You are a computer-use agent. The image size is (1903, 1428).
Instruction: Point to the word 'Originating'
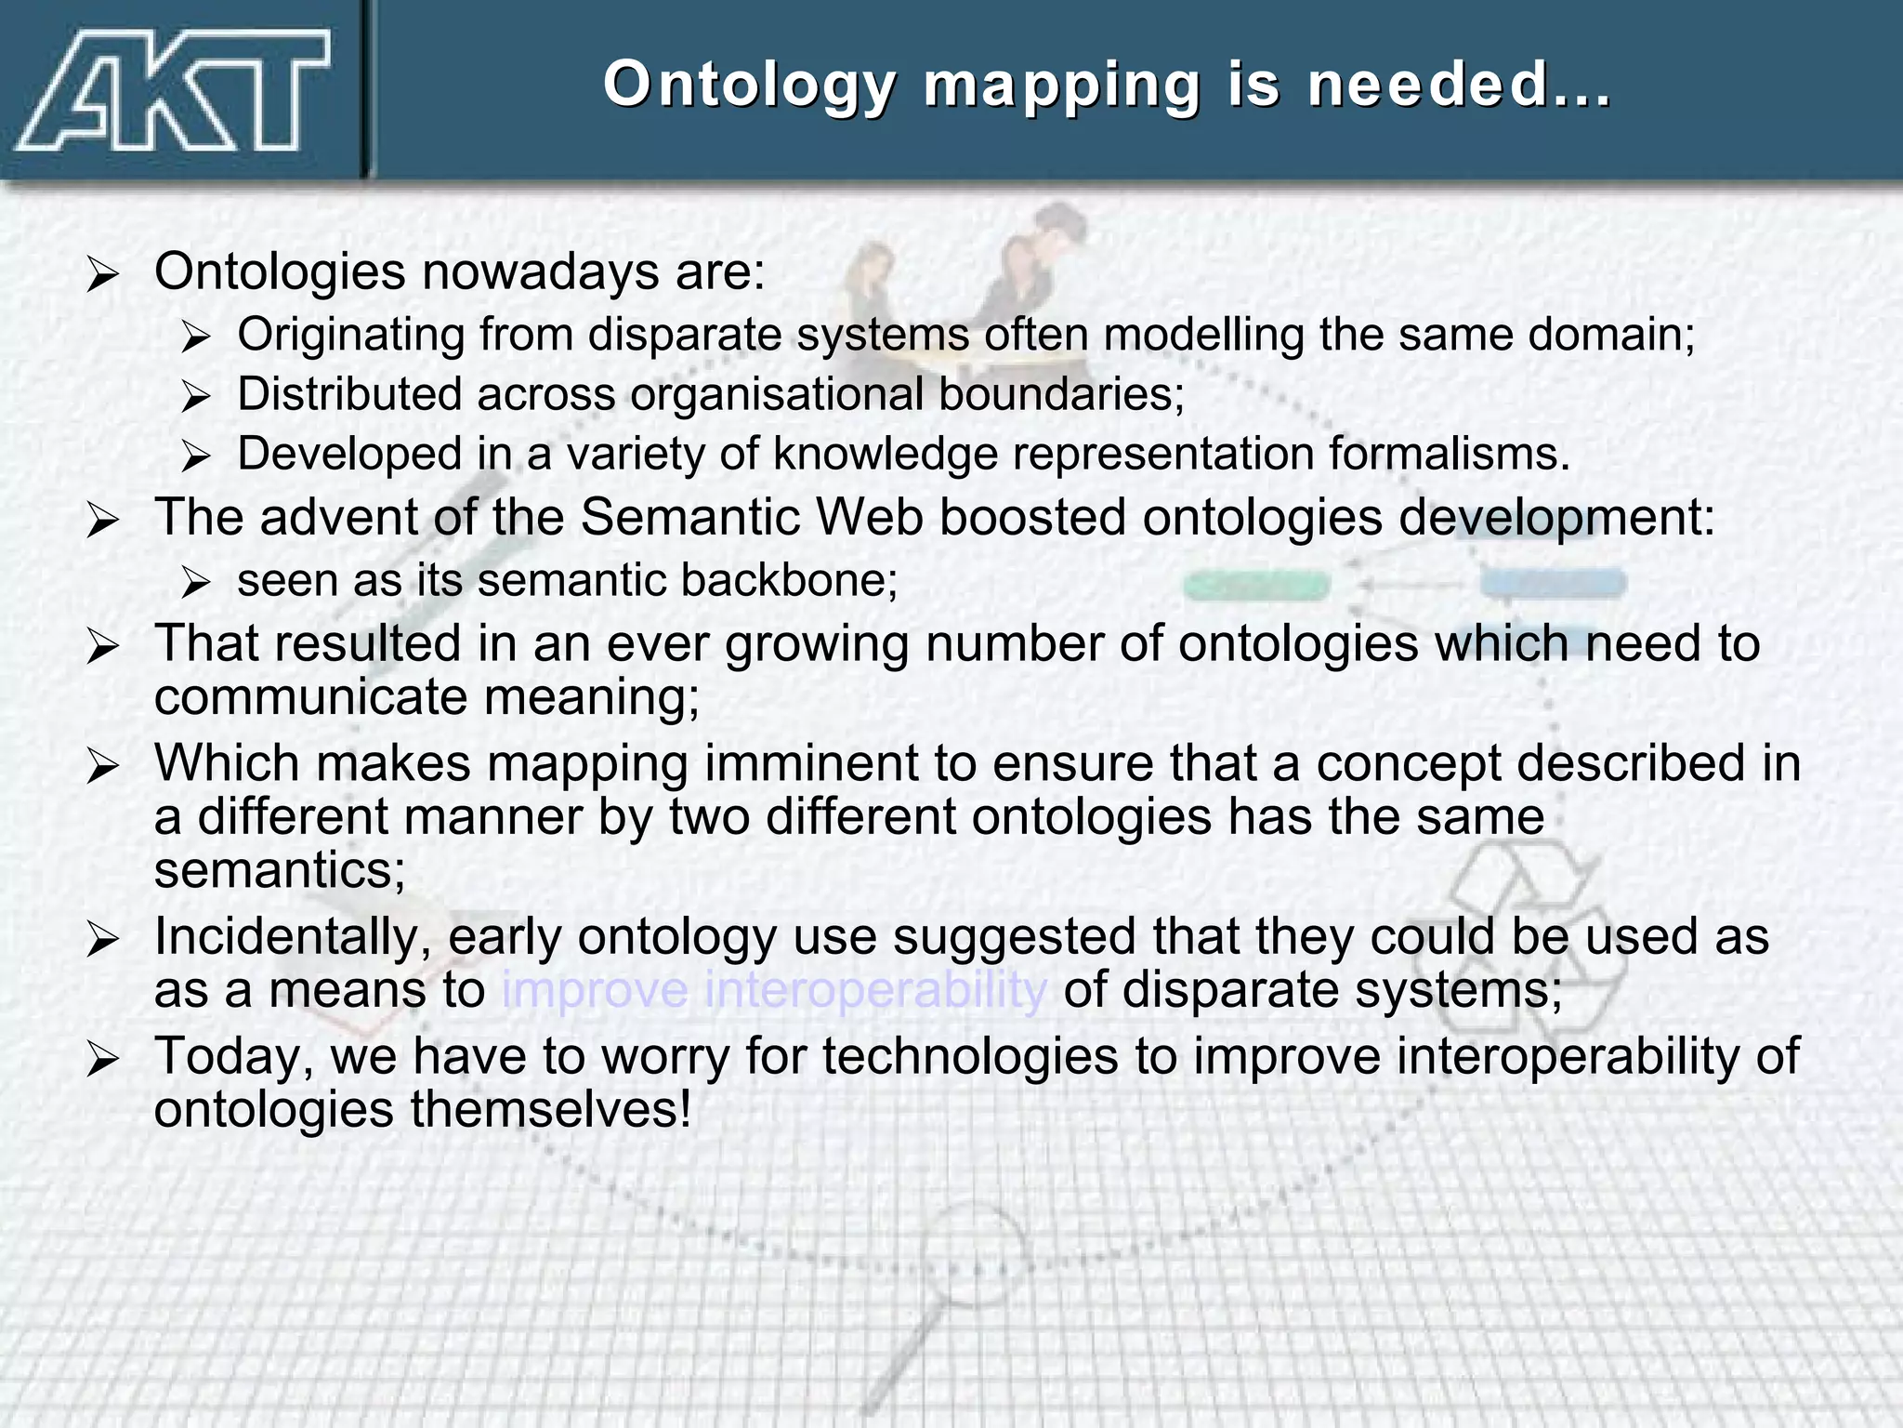tap(350, 335)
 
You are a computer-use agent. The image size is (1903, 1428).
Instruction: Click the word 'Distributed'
tap(349, 394)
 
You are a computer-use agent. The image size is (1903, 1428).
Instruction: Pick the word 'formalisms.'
tap(1449, 455)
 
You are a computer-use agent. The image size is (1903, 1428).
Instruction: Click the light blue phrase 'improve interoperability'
tap(774, 990)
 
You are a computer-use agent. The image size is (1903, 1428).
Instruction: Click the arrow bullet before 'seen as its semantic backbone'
tap(196, 583)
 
